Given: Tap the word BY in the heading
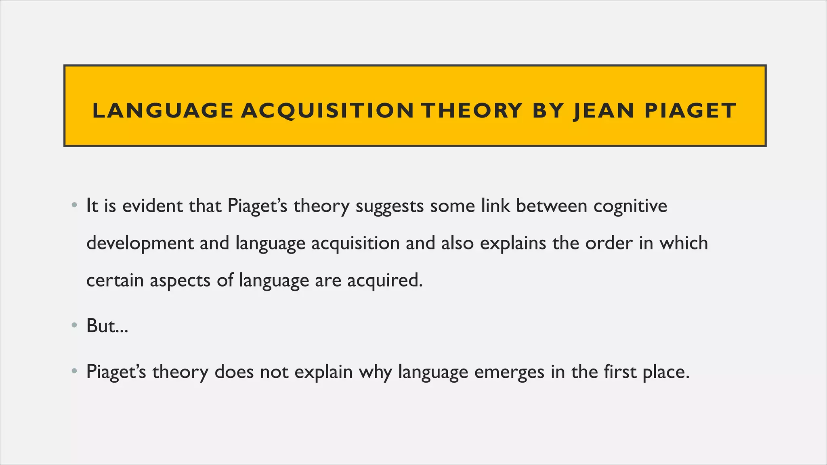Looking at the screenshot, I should [x=548, y=111].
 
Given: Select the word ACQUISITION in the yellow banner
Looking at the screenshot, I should [x=327, y=111].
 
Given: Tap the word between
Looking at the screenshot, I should [x=552, y=206].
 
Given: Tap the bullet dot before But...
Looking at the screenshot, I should [x=74, y=326].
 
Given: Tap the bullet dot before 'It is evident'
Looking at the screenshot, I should [x=74, y=206].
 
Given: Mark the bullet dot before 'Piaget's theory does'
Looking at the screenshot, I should [x=74, y=371].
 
